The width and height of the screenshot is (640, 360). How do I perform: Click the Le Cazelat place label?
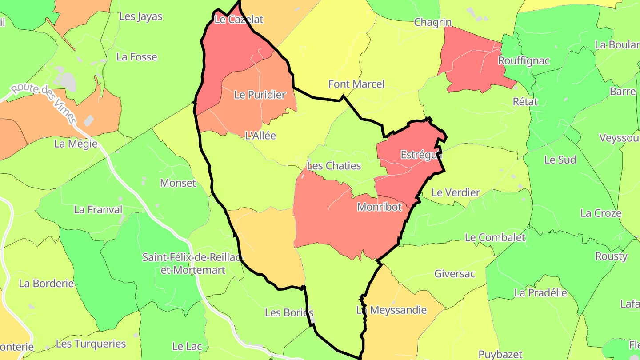pyautogui.click(x=239, y=20)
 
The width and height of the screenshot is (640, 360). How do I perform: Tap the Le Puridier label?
pyautogui.click(x=260, y=95)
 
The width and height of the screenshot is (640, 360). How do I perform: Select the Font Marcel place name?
pyautogui.click(x=356, y=84)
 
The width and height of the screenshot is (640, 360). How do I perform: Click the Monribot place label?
pyautogui.click(x=379, y=207)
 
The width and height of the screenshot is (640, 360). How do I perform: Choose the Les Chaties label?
pyautogui.click(x=334, y=166)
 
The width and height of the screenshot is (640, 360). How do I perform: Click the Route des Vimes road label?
pyautogui.click(x=44, y=104)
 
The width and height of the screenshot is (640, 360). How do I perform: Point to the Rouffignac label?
pyautogui.click(x=524, y=61)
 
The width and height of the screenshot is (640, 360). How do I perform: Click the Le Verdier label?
pyautogui.click(x=456, y=192)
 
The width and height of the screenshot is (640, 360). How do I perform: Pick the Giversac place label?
pyautogui.click(x=455, y=274)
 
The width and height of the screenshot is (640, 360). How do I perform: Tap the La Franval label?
pyautogui.click(x=98, y=210)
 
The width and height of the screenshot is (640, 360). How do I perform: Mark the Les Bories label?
pyautogui.click(x=289, y=312)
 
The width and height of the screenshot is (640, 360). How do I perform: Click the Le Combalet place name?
pyautogui.click(x=495, y=237)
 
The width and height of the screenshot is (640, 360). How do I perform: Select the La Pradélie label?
pyautogui.click(x=540, y=293)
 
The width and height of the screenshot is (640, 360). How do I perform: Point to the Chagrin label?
pyautogui.click(x=432, y=22)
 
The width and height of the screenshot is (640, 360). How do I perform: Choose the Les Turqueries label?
pyautogui.click(x=91, y=344)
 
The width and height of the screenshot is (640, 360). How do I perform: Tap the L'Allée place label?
pyautogui.click(x=260, y=136)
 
